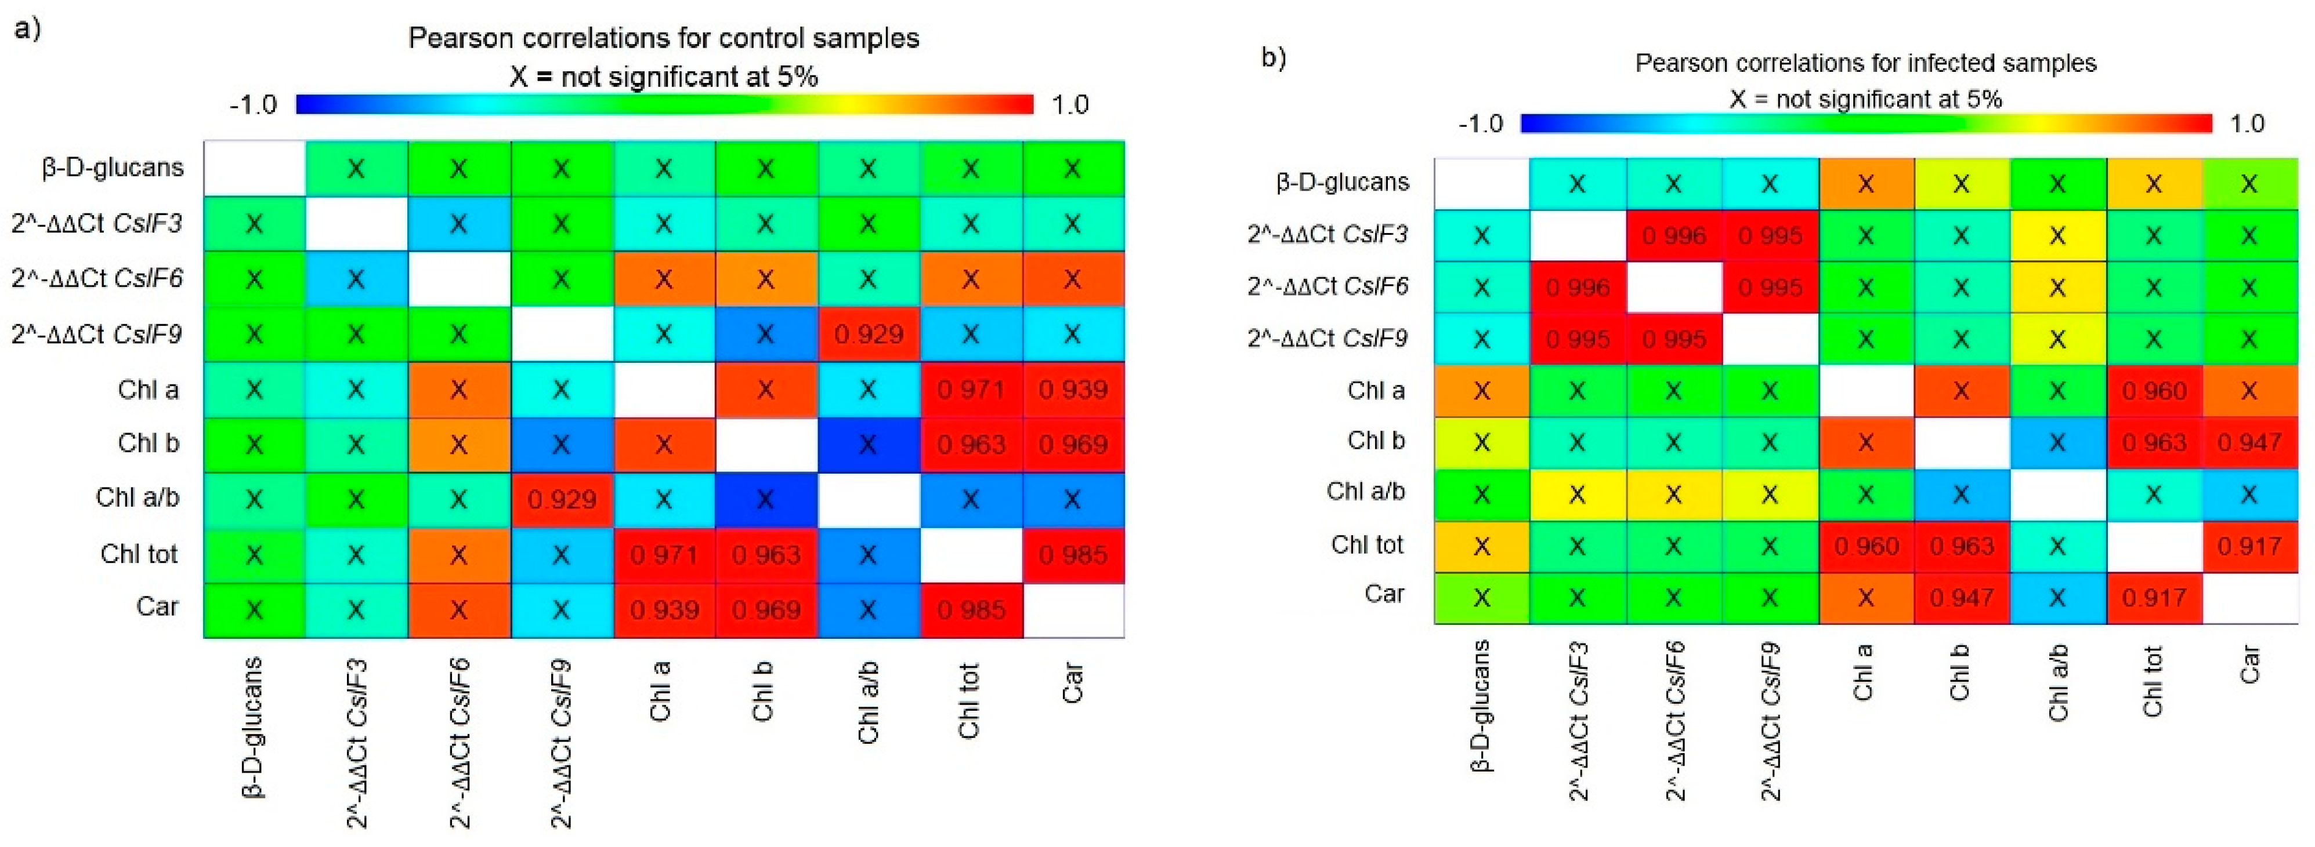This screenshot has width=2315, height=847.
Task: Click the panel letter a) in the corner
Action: (27, 29)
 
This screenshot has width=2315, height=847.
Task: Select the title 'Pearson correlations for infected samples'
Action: (1865, 63)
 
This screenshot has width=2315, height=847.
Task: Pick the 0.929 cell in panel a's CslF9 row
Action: (868, 334)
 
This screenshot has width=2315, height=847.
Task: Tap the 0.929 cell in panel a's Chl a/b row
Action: (562, 499)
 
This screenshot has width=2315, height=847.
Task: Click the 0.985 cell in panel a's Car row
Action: (971, 610)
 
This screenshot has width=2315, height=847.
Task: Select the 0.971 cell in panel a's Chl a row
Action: (971, 390)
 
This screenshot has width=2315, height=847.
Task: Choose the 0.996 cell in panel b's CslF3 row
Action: (1673, 235)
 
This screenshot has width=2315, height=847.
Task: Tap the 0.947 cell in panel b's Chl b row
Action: (2249, 442)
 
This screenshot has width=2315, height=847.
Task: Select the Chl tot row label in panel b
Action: (1367, 544)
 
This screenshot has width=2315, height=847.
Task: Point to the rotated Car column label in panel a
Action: (1072, 682)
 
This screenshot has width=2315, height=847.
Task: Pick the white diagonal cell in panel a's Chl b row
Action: (766, 445)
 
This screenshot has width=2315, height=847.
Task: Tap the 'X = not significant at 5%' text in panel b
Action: (1865, 99)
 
